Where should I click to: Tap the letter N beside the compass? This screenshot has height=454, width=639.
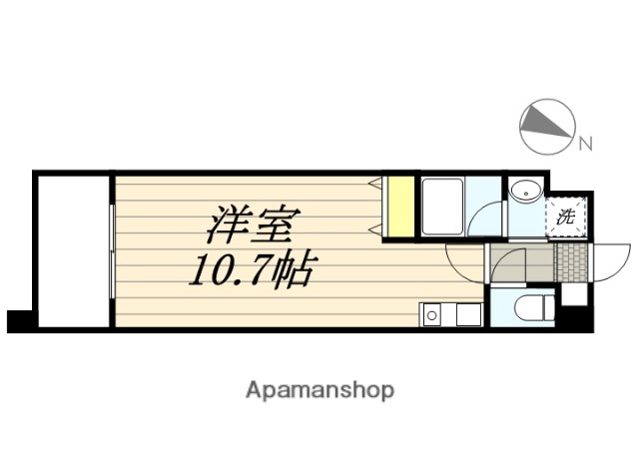pos(586,144)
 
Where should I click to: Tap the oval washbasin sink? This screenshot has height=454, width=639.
pos(524,191)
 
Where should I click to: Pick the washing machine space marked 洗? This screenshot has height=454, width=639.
pos(566,216)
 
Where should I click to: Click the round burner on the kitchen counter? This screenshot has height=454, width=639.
pos(432,316)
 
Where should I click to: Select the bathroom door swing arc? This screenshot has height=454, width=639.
pos(488,221)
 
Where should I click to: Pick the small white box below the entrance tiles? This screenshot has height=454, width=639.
pos(573,295)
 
